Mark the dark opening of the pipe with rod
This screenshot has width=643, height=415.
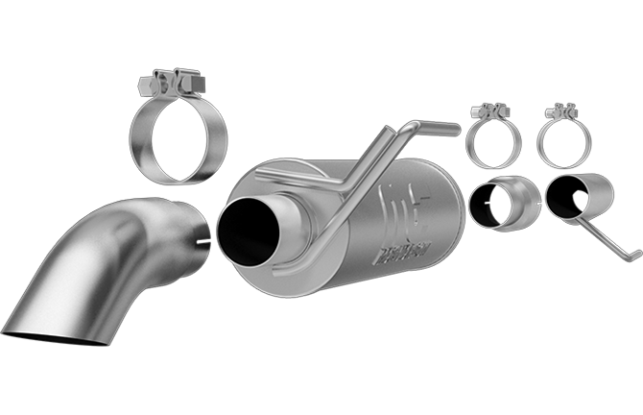pos(561,198)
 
